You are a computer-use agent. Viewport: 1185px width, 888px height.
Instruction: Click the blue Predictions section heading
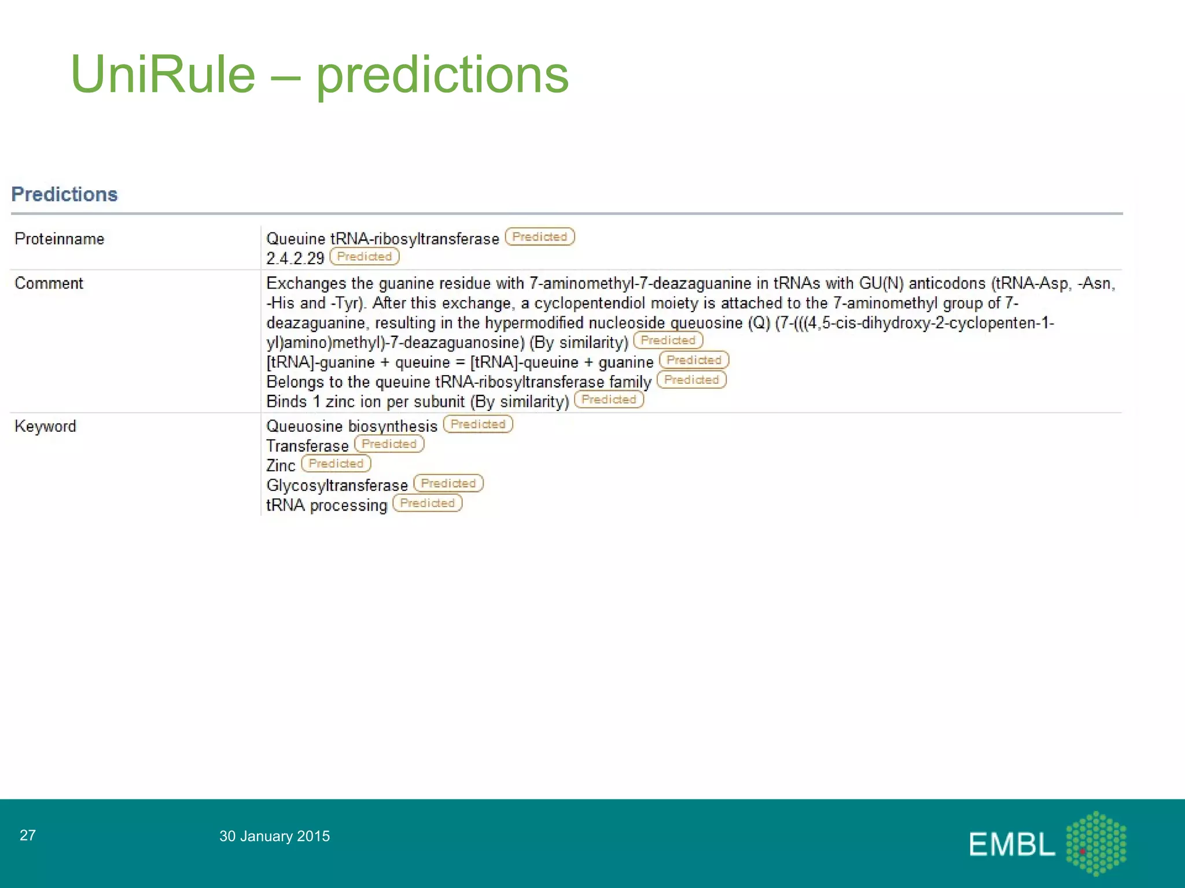[x=64, y=194]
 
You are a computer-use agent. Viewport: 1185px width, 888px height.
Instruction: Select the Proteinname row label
[x=59, y=239]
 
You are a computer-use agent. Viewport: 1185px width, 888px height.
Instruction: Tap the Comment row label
[x=49, y=283]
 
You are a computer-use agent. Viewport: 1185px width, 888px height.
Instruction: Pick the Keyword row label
[x=45, y=426]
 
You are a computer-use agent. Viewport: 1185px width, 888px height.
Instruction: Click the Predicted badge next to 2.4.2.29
[x=365, y=257]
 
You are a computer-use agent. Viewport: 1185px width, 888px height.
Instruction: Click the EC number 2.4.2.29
[x=295, y=258]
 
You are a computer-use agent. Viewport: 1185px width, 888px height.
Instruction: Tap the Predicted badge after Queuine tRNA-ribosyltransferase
[x=540, y=237]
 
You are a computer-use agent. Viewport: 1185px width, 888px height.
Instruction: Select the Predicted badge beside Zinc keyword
[x=336, y=464]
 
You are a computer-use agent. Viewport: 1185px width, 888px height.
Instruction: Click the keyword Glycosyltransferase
[x=337, y=485]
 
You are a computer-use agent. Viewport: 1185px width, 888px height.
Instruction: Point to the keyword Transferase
[x=307, y=446]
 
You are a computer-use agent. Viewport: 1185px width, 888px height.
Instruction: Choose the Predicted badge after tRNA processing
[x=428, y=503]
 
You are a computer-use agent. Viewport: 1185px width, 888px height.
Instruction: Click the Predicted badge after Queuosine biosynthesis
[x=478, y=424]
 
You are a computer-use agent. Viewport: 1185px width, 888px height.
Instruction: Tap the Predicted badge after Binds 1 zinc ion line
[x=609, y=399]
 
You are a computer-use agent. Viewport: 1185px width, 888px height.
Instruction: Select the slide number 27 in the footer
[x=28, y=835]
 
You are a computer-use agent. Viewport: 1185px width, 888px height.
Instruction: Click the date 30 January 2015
[x=274, y=836]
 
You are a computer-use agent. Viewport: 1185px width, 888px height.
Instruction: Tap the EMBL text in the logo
[x=1011, y=845]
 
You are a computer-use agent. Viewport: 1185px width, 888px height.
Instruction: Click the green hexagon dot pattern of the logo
[x=1096, y=843]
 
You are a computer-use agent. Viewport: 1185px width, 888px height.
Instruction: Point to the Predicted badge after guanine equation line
[x=694, y=360]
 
